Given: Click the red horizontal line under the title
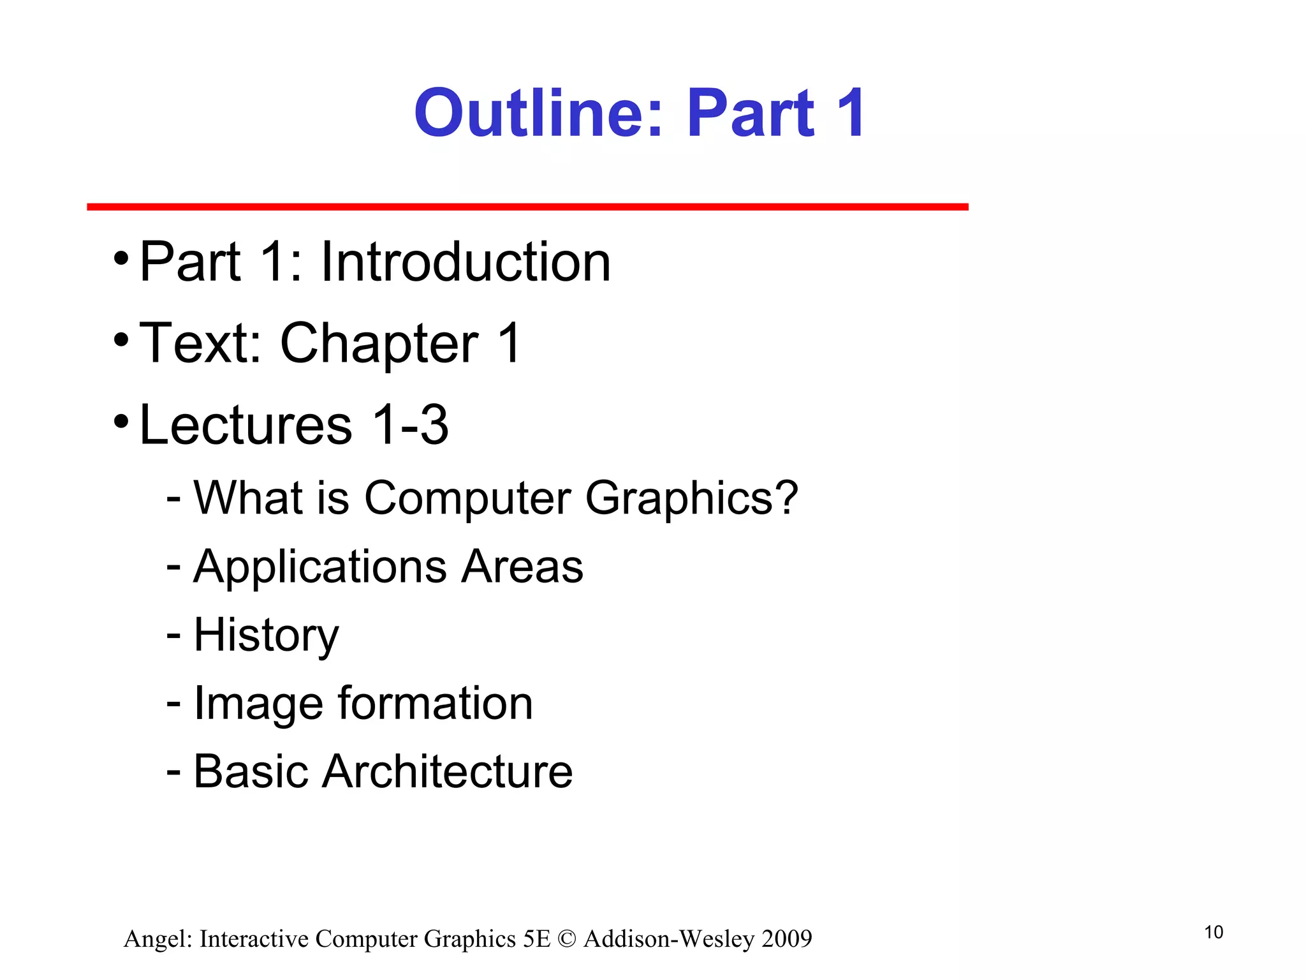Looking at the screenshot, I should tap(527, 207).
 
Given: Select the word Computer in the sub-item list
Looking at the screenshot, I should tap(467, 498).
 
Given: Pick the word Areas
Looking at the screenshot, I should tap(522, 567).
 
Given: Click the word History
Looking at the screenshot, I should tap(266, 635).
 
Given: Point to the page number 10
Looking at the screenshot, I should tap(1214, 933).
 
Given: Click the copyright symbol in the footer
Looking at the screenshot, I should tap(566, 939).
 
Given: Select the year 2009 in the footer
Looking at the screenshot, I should tap(787, 939).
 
